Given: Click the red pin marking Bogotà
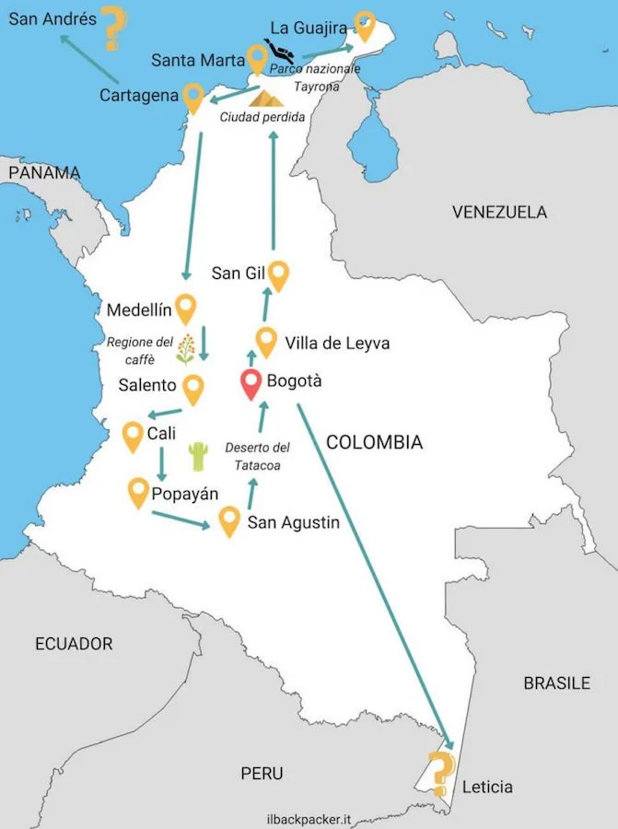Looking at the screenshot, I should click(251, 383).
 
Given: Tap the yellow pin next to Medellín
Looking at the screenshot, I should click(187, 308).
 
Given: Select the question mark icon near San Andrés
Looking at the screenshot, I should click(113, 28).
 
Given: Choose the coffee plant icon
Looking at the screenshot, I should click(186, 349).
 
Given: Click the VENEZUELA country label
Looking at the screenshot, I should click(499, 213).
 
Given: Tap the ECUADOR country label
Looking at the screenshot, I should click(74, 644).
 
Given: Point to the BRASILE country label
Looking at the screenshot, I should click(556, 683).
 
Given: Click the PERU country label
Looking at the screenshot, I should click(262, 773).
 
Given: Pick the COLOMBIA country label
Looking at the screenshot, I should click(375, 443).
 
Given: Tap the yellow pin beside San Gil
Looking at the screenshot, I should click(278, 274).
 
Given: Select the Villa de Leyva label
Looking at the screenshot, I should click(337, 344).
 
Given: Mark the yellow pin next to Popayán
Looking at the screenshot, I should click(139, 492).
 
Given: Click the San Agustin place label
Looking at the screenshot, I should click(293, 523).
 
